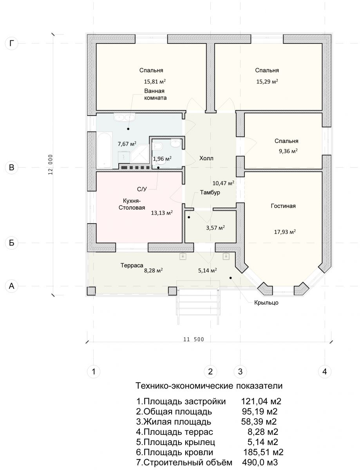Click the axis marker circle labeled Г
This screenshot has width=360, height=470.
click(12, 43)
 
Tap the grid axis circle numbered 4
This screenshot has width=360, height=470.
click(324, 371)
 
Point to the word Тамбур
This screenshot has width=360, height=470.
click(210, 193)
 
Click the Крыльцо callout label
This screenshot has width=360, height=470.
click(266, 302)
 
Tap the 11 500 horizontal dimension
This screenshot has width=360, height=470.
click(193, 339)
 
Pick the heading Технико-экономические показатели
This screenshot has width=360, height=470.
click(209, 386)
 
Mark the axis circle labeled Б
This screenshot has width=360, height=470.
click(12, 243)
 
